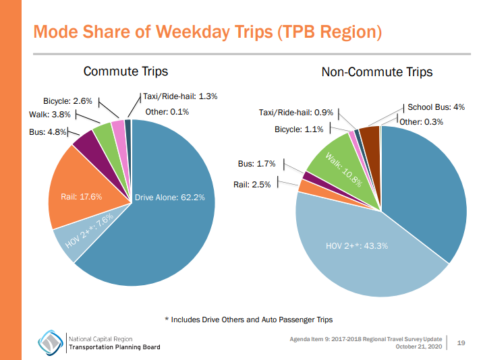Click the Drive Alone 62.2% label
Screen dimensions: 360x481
[169, 198]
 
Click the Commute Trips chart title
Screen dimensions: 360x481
[125, 71]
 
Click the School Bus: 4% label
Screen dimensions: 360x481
[436, 107]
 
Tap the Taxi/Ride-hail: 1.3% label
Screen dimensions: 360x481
[180, 96]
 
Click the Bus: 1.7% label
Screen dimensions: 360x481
[256, 164]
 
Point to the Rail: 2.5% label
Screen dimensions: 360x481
[252, 184]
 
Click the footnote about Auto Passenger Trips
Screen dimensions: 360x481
[249, 320]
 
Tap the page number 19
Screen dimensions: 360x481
[461, 343]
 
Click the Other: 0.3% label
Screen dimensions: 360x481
[420, 122]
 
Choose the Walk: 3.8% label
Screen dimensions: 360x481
[49, 115]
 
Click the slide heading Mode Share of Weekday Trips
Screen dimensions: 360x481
[207, 32]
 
